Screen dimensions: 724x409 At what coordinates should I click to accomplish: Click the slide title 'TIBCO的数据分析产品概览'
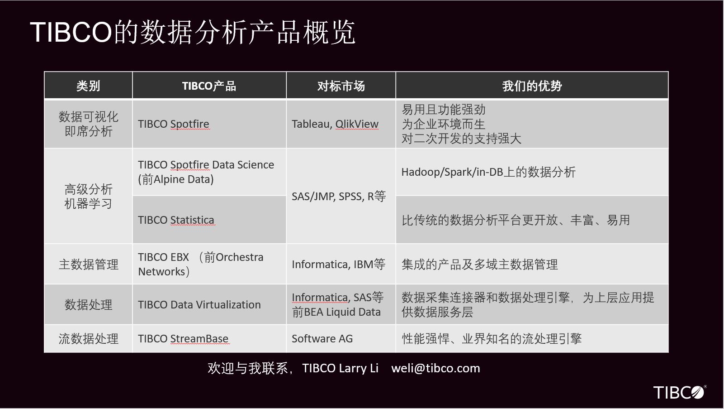pyautogui.click(x=193, y=32)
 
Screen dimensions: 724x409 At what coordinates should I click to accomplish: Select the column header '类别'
pyautogui.click(x=88, y=86)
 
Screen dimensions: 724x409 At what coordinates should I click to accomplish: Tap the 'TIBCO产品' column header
pyautogui.click(x=209, y=86)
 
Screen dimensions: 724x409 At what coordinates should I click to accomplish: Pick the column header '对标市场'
pyautogui.click(x=341, y=86)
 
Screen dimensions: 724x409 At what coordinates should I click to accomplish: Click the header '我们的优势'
pyautogui.click(x=532, y=86)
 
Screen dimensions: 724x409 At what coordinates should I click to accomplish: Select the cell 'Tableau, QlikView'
pyautogui.click(x=335, y=124)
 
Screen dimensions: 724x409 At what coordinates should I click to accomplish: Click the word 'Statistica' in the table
pyautogui.click(x=192, y=220)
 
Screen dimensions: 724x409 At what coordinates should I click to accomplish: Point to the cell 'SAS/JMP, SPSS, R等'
pyautogui.click(x=339, y=196)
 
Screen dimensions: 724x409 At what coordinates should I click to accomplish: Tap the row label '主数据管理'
pyautogui.click(x=89, y=265)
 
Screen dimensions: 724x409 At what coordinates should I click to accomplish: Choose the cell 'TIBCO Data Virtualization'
pyautogui.click(x=199, y=305)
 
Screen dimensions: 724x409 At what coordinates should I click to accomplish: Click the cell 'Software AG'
pyautogui.click(x=322, y=339)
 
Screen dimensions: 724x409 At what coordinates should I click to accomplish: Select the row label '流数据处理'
pyautogui.click(x=89, y=339)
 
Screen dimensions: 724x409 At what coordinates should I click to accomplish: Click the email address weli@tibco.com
pyautogui.click(x=435, y=369)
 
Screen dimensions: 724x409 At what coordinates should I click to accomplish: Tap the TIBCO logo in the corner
pyautogui.click(x=679, y=392)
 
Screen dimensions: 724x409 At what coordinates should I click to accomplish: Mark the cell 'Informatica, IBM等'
pyautogui.click(x=338, y=265)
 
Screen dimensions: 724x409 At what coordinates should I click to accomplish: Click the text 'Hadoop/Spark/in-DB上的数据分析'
pyautogui.click(x=488, y=172)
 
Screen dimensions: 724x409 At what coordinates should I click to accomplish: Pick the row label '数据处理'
pyautogui.click(x=89, y=305)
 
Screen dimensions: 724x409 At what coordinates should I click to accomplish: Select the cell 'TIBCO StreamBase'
pyautogui.click(x=183, y=339)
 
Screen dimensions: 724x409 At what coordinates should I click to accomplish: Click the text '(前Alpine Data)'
pyautogui.click(x=176, y=179)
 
